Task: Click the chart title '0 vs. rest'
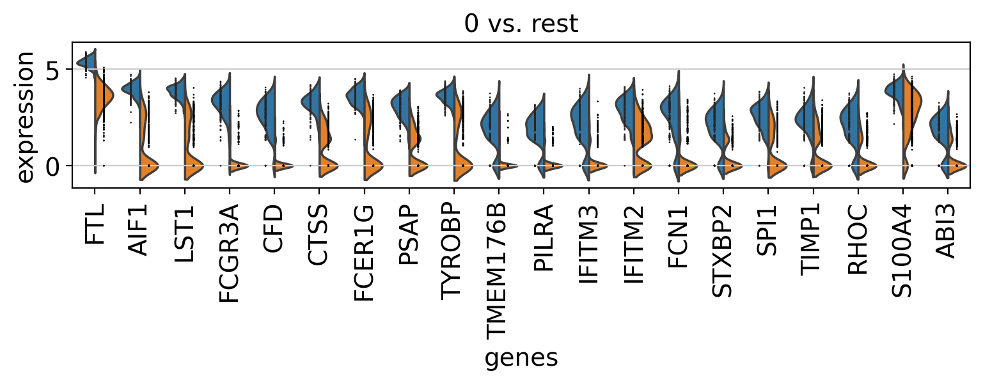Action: point(521,24)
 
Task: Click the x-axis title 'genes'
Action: point(521,359)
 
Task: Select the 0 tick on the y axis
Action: point(54,166)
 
